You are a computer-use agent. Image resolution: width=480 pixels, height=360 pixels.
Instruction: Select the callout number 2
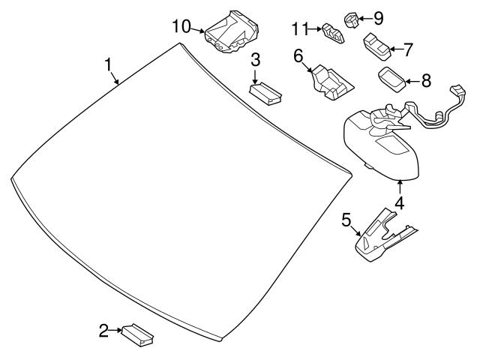[104, 328]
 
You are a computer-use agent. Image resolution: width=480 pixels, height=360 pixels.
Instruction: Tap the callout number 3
[256, 59]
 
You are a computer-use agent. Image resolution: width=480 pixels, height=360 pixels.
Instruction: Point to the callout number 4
[399, 202]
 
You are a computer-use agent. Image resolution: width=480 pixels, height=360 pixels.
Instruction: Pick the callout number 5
[346, 220]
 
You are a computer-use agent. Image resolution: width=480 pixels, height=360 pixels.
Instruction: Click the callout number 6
[298, 55]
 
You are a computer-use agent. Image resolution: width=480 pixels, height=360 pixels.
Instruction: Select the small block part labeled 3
[265, 91]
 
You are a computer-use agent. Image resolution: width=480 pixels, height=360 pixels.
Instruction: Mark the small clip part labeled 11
[331, 31]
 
